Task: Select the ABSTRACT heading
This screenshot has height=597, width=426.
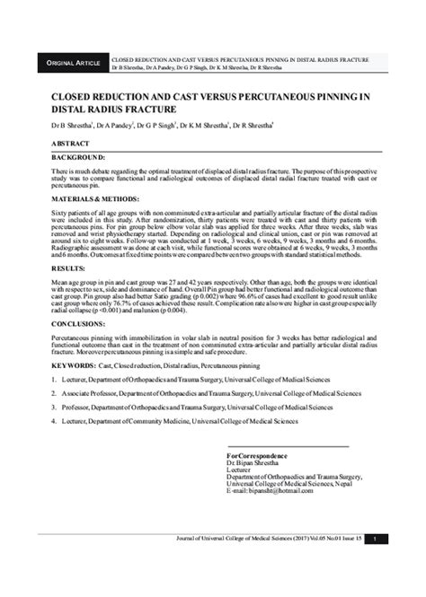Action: (x=70, y=144)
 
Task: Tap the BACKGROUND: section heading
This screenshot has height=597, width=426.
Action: (x=80, y=158)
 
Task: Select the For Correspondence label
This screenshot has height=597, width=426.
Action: (x=259, y=457)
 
